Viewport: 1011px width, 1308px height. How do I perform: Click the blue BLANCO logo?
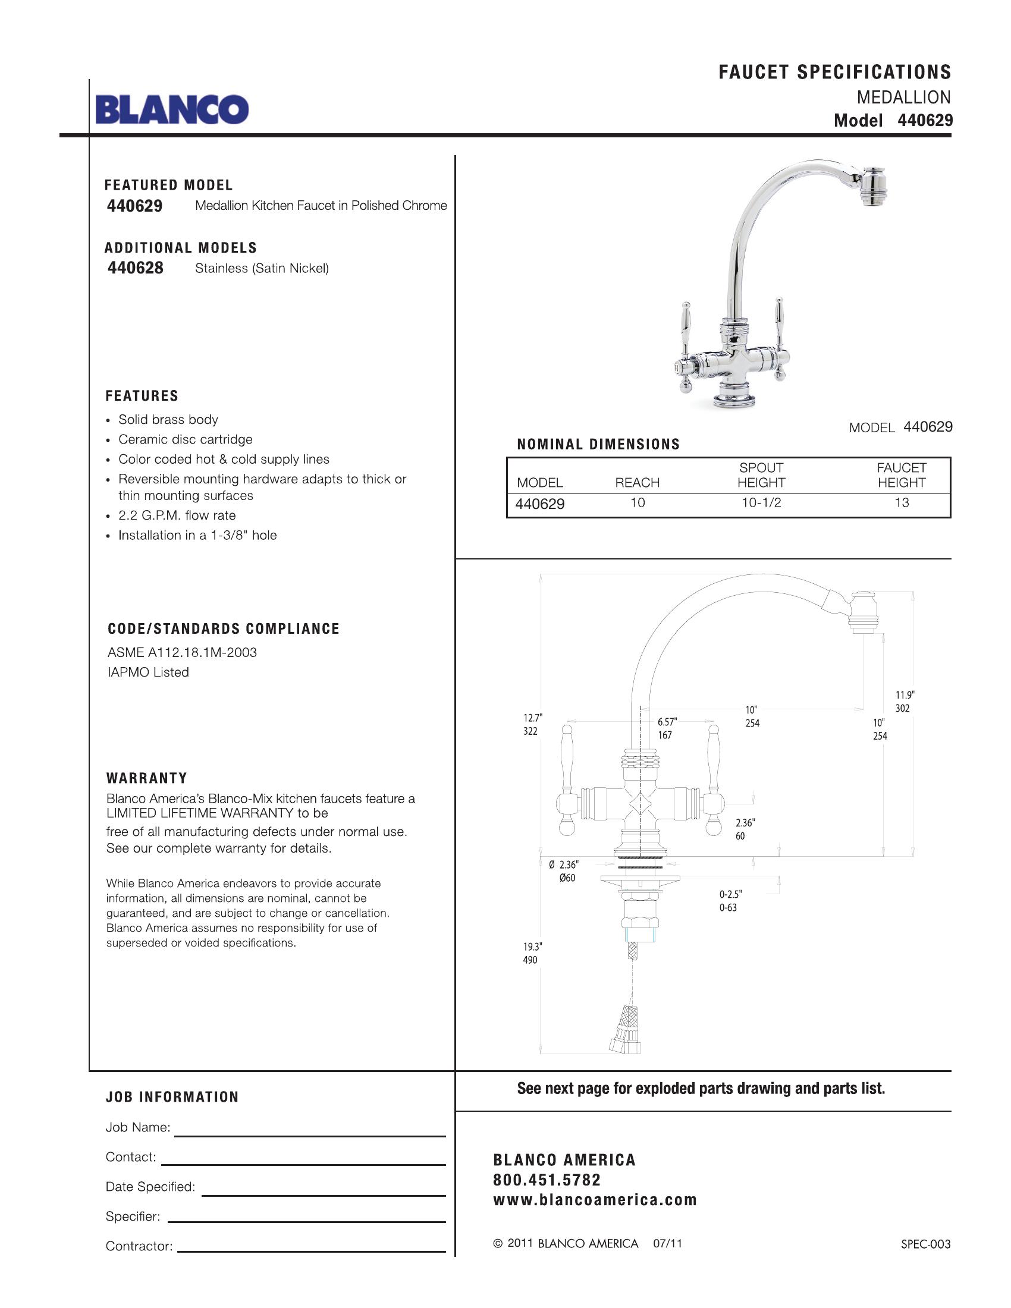pyautogui.click(x=171, y=109)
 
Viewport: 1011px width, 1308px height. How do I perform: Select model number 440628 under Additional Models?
pyautogui.click(x=136, y=268)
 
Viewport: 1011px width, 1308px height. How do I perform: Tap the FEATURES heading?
pyautogui.click(x=142, y=396)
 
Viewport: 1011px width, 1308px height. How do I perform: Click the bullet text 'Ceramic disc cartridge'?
pyautogui.click(x=185, y=439)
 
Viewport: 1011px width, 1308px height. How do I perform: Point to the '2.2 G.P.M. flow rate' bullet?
pyautogui.click(x=177, y=515)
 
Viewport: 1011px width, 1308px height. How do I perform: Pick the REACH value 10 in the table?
pyautogui.click(x=638, y=503)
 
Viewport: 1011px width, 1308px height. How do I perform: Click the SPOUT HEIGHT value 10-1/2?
pyautogui.click(x=761, y=503)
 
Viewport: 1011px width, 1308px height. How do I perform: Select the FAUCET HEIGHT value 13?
pyautogui.click(x=902, y=503)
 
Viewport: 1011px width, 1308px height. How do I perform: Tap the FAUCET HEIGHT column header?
pyautogui.click(x=902, y=475)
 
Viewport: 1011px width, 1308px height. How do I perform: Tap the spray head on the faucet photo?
pyautogui.click(x=874, y=189)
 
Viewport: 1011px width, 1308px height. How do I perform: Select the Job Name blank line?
pyautogui.click(x=310, y=1136)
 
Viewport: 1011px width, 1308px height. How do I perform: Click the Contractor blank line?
pyautogui.click(x=312, y=1251)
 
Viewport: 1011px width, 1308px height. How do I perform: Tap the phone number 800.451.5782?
pyautogui.click(x=547, y=1180)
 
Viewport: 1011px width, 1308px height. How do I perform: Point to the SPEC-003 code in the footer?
pyautogui.click(x=925, y=1244)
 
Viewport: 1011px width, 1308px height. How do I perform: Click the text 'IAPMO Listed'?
pyautogui.click(x=148, y=672)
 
